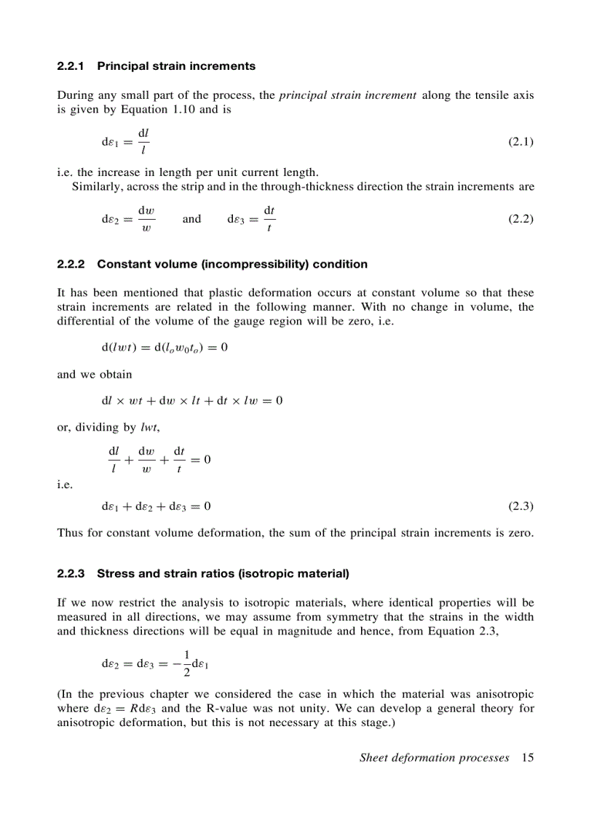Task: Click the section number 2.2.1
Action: click(x=71, y=66)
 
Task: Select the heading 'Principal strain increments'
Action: click(x=176, y=66)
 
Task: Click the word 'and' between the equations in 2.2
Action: click(x=191, y=218)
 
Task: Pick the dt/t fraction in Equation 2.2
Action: click(x=269, y=218)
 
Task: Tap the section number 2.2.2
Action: click(x=71, y=264)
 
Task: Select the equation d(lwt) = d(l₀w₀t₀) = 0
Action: click(x=165, y=348)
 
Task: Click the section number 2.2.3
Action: click(x=71, y=574)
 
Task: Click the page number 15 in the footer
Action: click(x=527, y=758)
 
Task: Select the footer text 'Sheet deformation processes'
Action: click(x=434, y=758)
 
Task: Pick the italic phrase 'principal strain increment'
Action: click(x=347, y=95)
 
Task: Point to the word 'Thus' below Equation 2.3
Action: click(x=68, y=533)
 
